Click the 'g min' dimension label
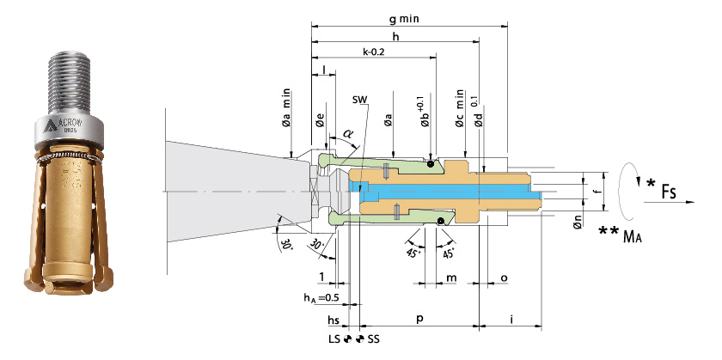403,19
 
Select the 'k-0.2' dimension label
373,52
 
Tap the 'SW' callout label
360,100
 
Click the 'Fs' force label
668,190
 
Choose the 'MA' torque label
633,236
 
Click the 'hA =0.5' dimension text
321,298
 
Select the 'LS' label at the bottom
334,339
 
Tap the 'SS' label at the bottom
374,339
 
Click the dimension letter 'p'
420,319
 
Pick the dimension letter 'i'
511,318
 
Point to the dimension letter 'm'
451,278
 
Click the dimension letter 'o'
504,278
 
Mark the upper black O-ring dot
430,163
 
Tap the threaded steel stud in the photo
69,82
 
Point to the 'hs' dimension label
333,319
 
